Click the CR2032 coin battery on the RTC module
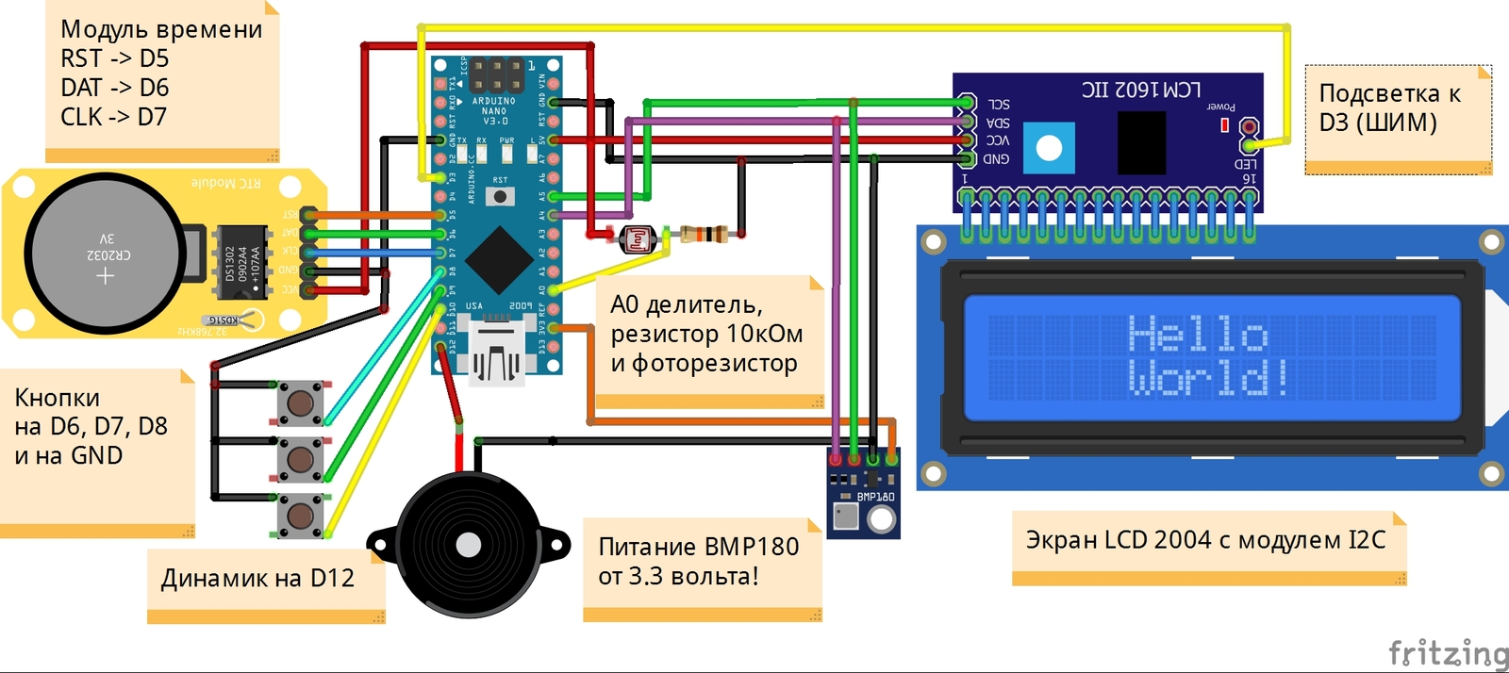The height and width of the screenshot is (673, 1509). click(x=105, y=253)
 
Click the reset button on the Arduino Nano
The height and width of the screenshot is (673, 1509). click(x=500, y=196)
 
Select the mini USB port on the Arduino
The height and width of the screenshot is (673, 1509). click(x=497, y=356)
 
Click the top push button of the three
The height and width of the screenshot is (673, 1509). click(x=301, y=404)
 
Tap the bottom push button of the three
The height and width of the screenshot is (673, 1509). click(x=301, y=516)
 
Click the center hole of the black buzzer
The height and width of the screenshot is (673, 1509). click(x=469, y=545)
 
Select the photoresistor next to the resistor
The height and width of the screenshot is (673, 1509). click(x=638, y=239)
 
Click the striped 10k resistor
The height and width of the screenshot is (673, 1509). click(x=704, y=234)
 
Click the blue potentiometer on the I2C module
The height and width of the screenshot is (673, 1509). click(x=1049, y=148)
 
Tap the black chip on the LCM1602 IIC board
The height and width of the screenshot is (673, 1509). click(x=1141, y=142)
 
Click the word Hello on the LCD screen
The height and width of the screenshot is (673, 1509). click(x=1198, y=335)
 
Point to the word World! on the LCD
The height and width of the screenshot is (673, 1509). click(x=1208, y=377)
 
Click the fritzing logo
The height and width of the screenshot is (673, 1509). click(x=1448, y=652)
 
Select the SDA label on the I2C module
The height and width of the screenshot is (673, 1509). click(x=998, y=123)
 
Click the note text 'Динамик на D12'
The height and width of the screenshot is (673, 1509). click(x=257, y=578)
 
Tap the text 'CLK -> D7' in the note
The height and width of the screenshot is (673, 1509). click(x=113, y=117)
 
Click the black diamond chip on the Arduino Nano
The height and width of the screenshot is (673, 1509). click(x=498, y=261)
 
